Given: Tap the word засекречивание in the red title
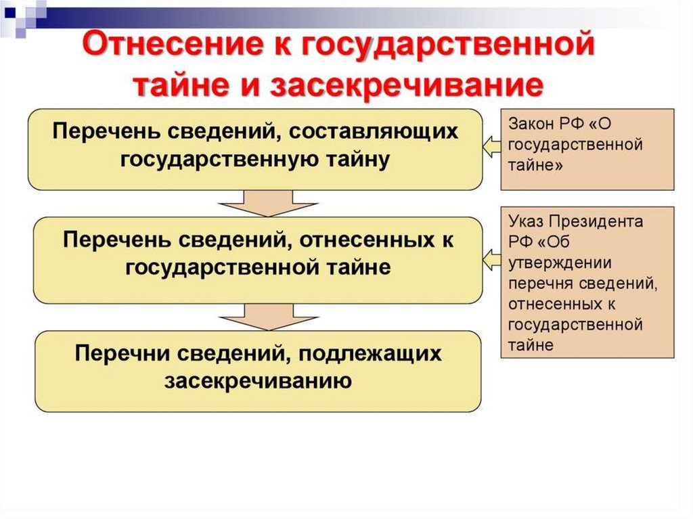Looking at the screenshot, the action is point(407,86).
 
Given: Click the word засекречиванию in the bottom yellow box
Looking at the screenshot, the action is point(258,381).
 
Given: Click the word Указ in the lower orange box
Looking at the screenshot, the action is point(526,222).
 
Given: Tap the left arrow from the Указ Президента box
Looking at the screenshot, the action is point(492,258).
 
